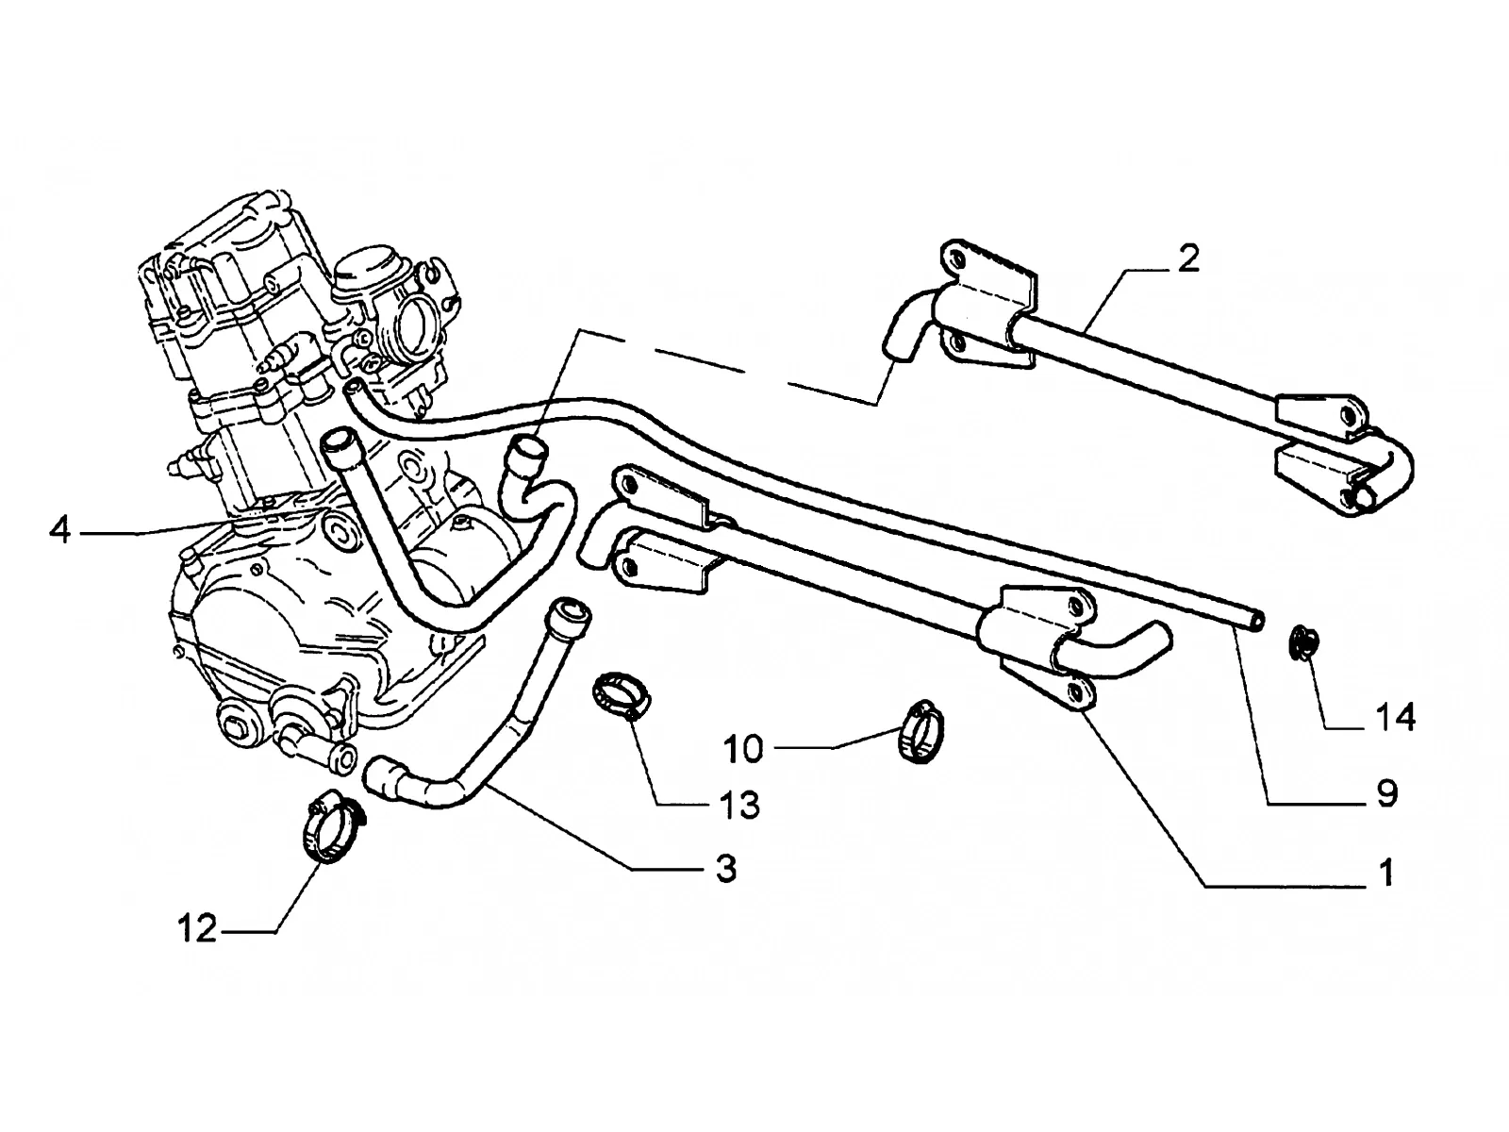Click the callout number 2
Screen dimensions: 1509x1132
[x=1188, y=259]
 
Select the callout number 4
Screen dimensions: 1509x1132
[x=60, y=530]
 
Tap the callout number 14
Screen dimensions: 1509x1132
[x=1396, y=718]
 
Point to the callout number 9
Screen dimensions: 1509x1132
[x=1387, y=794]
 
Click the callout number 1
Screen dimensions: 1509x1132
[x=1387, y=873]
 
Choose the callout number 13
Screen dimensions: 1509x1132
[x=739, y=804]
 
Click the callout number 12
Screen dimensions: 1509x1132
[x=198, y=928]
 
